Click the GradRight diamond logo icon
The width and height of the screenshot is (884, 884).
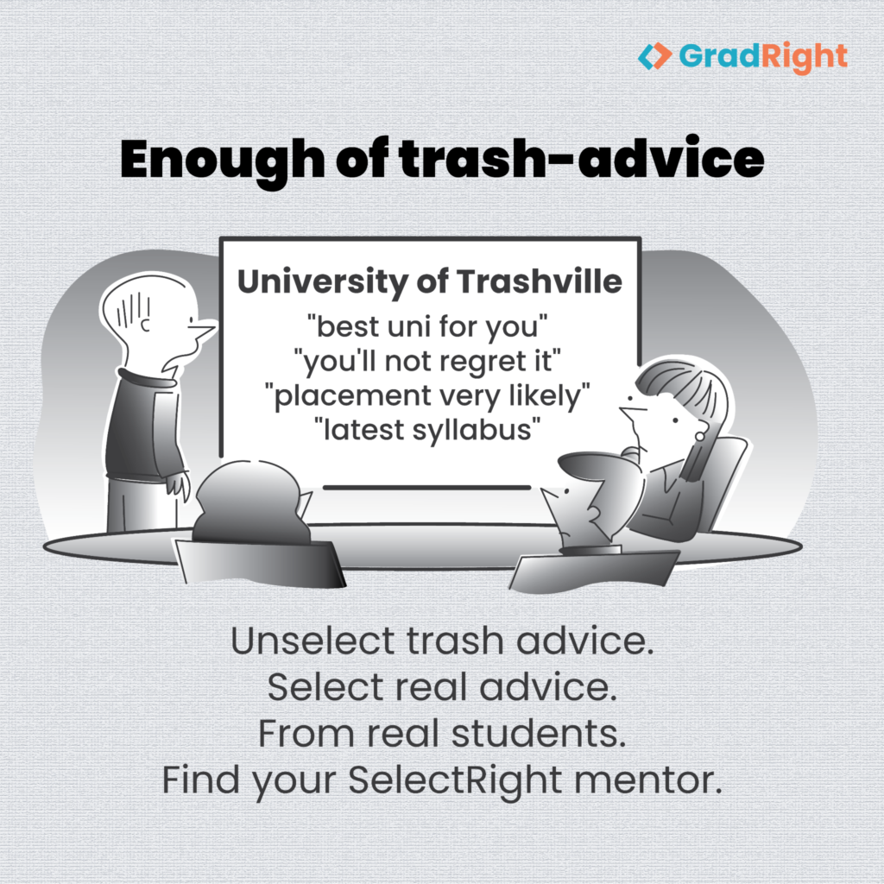(654, 56)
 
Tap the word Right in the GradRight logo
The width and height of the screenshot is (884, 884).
(805, 58)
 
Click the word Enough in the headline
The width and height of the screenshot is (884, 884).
(222, 161)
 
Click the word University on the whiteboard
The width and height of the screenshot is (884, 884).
(323, 282)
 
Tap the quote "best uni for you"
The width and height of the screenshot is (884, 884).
(427, 326)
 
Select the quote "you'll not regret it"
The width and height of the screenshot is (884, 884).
(427, 361)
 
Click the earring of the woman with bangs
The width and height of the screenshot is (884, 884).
(699, 436)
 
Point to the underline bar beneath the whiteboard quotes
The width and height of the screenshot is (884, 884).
(426, 487)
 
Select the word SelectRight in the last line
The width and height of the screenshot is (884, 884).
(455, 780)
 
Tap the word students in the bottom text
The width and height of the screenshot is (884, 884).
(539, 734)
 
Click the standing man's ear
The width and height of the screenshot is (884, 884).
(145, 325)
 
